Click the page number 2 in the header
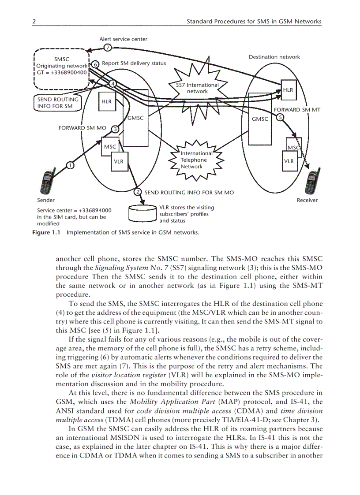tap(34, 21)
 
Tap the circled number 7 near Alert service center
tap(107, 48)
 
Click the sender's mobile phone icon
tap(47, 182)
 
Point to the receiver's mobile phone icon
tap(313, 181)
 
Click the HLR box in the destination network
tap(288, 89)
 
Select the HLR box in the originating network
tap(106, 101)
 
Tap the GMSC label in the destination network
tap(259, 119)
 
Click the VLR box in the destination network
tap(289, 161)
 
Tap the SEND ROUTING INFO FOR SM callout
tap(58, 103)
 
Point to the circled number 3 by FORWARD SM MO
tap(115, 129)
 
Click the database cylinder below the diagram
tap(142, 214)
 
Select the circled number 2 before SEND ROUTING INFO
tap(138, 192)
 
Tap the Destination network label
tap(274, 57)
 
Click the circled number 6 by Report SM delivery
tap(95, 63)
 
